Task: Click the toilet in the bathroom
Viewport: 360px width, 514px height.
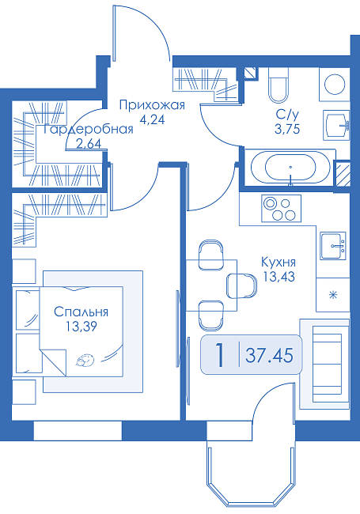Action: [x=279, y=85]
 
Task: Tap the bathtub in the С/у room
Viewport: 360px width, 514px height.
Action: [x=290, y=168]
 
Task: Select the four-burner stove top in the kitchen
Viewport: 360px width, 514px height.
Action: [x=281, y=208]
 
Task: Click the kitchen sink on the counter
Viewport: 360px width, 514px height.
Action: [x=333, y=246]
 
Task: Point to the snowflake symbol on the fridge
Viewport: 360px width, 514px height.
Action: [x=333, y=295]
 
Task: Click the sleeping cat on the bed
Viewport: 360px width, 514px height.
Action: [x=85, y=360]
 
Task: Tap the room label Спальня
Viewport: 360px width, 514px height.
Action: [x=81, y=312]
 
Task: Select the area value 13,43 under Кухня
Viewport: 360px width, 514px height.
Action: [x=279, y=277]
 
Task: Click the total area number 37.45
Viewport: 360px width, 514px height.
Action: [x=269, y=355]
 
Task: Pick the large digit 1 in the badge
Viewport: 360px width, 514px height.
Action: [x=220, y=355]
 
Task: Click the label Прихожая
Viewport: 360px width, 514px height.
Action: [x=152, y=105]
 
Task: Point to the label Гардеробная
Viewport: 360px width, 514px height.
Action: [x=88, y=130]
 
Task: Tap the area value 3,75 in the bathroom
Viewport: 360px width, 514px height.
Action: [x=287, y=129]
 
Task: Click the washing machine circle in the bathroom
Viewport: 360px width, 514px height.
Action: [x=335, y=85]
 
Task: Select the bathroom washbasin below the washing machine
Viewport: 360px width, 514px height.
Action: [x=335, y=125]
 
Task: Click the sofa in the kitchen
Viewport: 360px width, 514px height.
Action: [x=324, y=364]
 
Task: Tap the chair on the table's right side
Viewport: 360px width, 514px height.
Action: [x=241, y=285]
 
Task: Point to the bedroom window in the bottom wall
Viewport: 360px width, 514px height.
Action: [x=78, y=431]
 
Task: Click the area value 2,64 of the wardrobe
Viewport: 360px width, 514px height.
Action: [x=89, y=144]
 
